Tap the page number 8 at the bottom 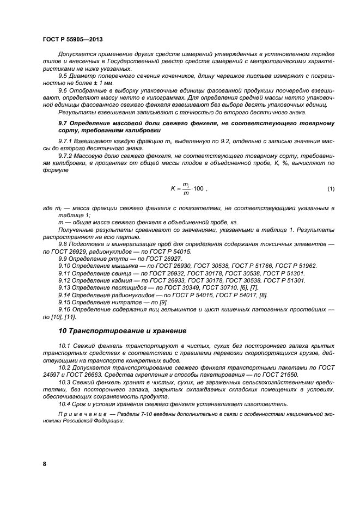click(44, 464)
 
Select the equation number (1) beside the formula click(331, 189)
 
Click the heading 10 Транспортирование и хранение click(123, 330)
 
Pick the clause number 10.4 click(64, 403)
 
